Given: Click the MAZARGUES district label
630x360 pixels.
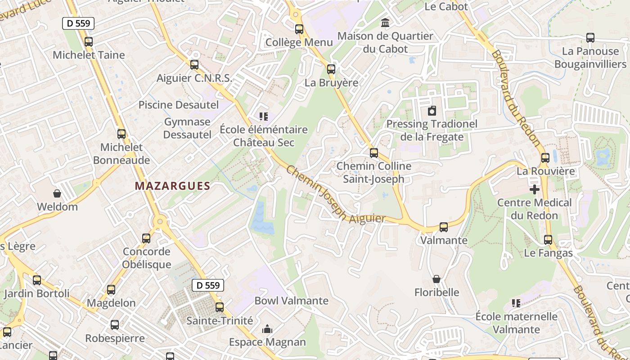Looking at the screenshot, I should click(172, 186).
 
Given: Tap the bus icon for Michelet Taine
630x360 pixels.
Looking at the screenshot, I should click(89, 42).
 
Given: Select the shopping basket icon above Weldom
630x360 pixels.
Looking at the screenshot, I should click(57, 193).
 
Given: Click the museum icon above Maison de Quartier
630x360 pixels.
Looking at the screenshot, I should click(385, 22).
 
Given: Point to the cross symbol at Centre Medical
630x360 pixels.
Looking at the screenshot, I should click(534, 189).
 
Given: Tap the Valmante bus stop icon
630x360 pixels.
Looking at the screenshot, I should click(444, 227).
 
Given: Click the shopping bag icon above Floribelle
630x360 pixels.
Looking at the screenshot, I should click(436, 279).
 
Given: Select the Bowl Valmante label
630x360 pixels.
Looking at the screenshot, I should click(292, 301).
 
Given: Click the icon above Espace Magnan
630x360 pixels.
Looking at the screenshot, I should click(267, 329).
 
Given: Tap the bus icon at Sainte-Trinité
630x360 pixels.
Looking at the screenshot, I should click(220, 307).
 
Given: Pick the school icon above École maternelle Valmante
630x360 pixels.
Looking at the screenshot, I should click(516, 303).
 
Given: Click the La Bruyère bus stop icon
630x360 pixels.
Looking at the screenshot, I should click(331, 69).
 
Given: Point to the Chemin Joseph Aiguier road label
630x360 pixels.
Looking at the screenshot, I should click(335, 195).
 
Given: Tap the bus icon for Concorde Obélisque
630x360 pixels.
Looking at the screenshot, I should click(146, 238).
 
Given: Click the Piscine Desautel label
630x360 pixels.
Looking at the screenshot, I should click(179, 105).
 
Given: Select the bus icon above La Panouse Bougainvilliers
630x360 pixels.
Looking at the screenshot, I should click(590, 38).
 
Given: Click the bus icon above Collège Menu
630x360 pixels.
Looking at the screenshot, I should click(299, 29).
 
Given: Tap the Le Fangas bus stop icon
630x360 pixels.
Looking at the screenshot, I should click(548, 240).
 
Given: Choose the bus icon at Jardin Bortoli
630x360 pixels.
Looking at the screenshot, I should click(37, 280).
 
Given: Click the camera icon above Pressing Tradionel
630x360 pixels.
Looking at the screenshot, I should click(432, 110).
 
